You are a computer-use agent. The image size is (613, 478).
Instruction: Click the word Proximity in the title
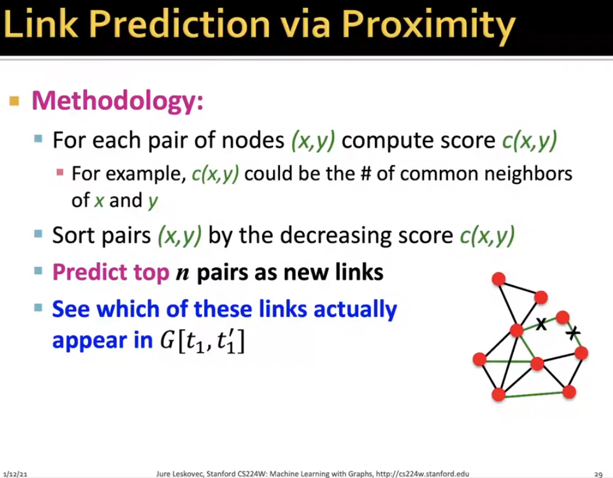[429, 25]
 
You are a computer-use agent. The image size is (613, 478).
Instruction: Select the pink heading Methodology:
[117, 101]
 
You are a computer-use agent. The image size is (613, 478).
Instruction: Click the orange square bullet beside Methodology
[14, 101]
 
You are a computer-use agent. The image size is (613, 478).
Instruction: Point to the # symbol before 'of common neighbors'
[366, 174]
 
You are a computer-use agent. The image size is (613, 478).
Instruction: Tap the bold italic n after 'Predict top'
[182, 274]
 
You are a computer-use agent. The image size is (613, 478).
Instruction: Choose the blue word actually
[355, 309]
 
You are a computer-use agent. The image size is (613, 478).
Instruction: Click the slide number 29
[598, 474]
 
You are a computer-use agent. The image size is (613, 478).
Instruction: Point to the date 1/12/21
[15, 474]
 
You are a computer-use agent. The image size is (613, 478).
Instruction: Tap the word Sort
[74, 235]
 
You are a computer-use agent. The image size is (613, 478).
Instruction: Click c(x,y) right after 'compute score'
[530, 141]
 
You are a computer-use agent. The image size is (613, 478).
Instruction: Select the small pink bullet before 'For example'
[60, 172]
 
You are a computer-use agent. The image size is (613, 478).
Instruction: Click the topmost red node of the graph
[499, 279]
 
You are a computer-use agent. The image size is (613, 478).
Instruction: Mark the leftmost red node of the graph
[480, 359]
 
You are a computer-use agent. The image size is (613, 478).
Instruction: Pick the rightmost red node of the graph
[581, 353]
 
